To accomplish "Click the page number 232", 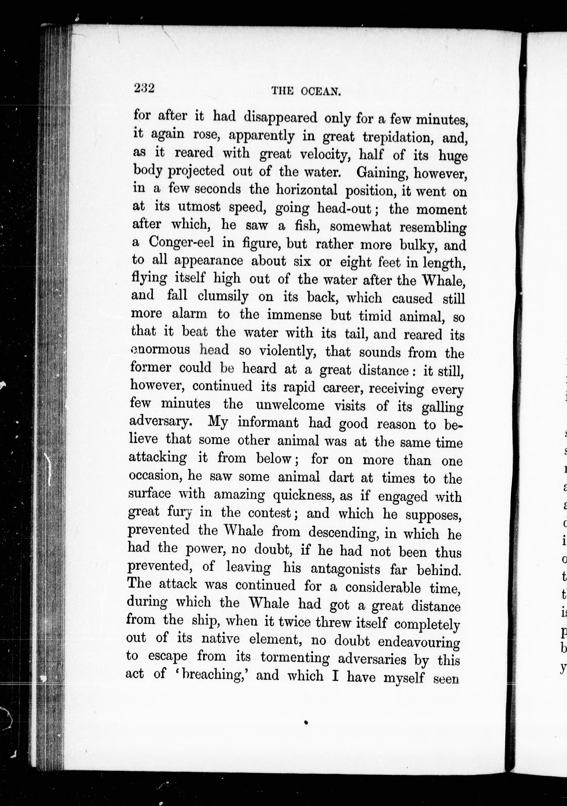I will (x=144, y=88).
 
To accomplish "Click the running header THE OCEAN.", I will (x=306, y=92).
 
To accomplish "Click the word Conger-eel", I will (x=181, y=242).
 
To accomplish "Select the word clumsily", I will (x=223, y=296).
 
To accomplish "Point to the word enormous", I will (x=160, y=350).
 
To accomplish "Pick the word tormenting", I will (x=295, y=657).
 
